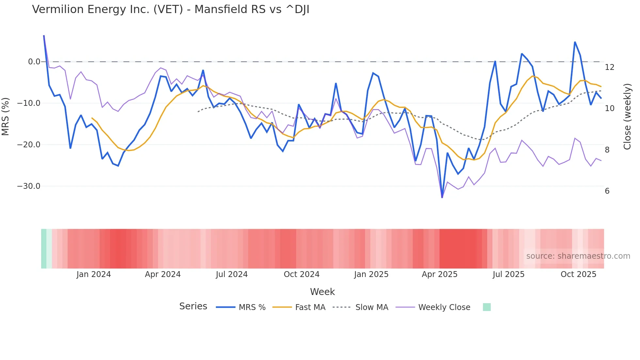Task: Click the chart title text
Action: click(x=170, y=9)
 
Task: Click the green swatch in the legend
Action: click(x=487, y=307)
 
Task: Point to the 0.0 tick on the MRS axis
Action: click(x=34, y=62)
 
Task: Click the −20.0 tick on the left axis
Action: click(x=29, y=145)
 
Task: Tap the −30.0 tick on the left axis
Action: click(x=29, y=186)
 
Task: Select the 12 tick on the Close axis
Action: click(x=609, y=67)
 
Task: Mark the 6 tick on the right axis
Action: click(x=607, y=191)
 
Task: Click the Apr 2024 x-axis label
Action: click(x=163, y=274)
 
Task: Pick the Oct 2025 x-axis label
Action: click(x=578, y=274)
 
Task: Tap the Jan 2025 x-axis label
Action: click(x=371, y=274)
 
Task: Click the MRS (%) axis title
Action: click(x=6, y=116)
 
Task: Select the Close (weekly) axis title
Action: click(x=627, y=116)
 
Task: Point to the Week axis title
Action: click(x=322, y=292)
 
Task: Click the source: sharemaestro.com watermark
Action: click(x=578, y=256)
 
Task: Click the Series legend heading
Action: click(x=193, y=306)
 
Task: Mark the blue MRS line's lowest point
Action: click(x=442, y=197)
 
